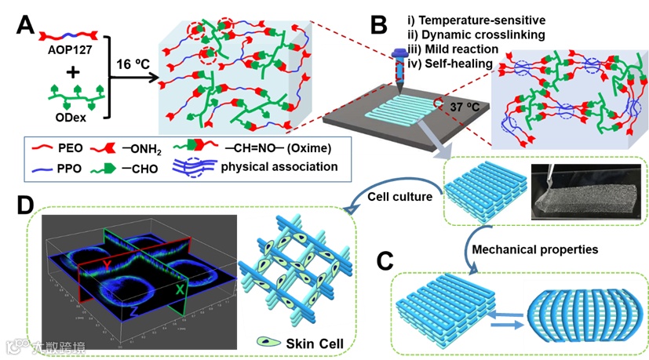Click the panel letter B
click(x=378, y=27)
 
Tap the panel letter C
click(x=385, y=262)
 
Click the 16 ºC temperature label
click(x=129, y=67)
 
